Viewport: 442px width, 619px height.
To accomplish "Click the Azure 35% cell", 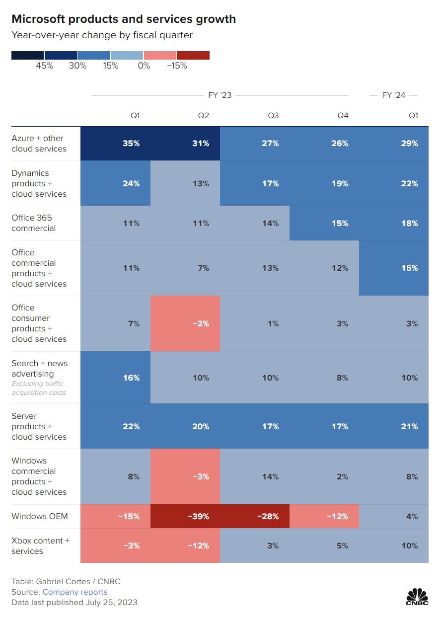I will click(132, 144).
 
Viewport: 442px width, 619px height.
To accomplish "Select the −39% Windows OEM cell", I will click(199, 516).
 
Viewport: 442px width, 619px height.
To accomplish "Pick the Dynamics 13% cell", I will click(201, 183).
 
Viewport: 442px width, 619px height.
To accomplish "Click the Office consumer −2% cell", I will click(201, 323).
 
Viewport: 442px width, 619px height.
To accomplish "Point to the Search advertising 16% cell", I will click(132, 378).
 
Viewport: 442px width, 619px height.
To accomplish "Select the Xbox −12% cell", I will click(199, 545).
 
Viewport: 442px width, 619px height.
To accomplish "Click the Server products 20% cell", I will click(201, 426).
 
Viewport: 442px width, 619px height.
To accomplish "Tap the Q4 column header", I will click(343, 116).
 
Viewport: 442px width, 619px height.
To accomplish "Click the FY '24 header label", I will click(393, 95).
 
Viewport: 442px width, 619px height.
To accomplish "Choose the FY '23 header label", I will click(220, 95).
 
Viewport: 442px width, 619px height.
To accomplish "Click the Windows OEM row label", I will click(39, 516).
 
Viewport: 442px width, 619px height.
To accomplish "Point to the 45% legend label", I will click(44, 66).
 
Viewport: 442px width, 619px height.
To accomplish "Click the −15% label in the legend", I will click(176, 66).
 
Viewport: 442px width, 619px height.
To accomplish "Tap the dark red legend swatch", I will click(193, 55).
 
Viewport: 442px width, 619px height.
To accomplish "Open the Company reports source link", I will click(74, 592).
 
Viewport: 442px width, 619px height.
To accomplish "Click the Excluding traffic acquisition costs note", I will click(39, 388).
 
